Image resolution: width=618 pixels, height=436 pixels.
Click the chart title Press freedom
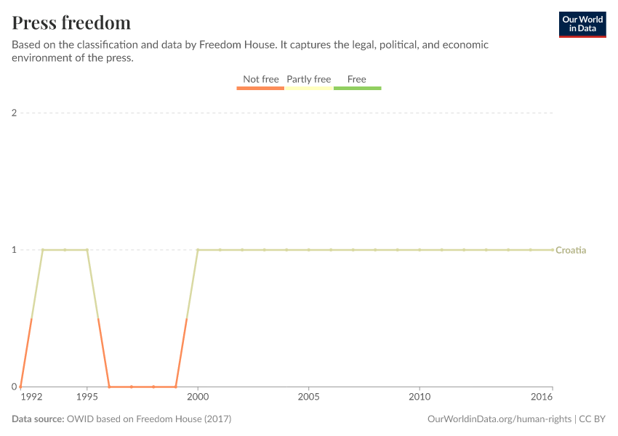[71, 23]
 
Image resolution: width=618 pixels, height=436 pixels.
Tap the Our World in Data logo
[582, 24]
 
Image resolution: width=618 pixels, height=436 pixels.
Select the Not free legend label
[260, 79]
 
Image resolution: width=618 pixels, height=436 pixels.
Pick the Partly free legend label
[308, 79]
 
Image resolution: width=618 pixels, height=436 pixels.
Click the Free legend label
[357, 79]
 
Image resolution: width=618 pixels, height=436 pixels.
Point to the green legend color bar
[357, 88]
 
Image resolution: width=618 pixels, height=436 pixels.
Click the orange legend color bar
[260, 88]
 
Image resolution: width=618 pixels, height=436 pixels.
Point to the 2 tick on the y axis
[14, 113]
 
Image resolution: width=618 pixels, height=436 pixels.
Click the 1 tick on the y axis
[14, 250]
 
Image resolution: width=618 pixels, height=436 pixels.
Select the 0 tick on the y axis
[14, 387]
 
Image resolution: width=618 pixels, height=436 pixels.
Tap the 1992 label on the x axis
[31, 398]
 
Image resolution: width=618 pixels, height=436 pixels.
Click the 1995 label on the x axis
[87, 398]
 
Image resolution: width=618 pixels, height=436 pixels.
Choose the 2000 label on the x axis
[198, 398]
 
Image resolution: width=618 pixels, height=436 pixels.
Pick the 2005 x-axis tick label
[309, 398]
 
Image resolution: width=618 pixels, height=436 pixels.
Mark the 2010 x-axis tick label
[420, 398]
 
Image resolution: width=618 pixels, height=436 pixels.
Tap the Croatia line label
[571, 250]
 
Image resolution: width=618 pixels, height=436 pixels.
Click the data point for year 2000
[198, 250]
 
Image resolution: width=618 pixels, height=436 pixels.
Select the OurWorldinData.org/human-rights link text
[499, 419]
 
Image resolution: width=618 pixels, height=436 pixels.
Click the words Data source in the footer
[38, 419]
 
